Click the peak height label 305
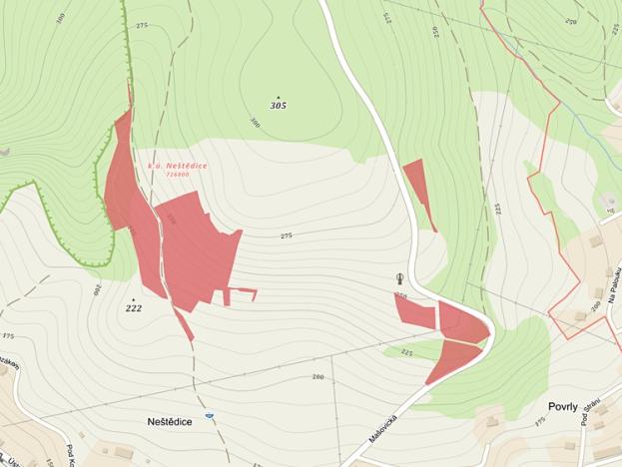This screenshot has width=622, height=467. (x=278, y=105)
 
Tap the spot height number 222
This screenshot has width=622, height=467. (x=134, y=308)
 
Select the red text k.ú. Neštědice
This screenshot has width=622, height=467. (x=178, y=165)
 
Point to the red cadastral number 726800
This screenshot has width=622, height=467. (x=178, y=174)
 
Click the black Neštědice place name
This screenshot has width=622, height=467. (x=162, y=422)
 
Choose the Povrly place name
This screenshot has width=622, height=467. (x=570, y=407)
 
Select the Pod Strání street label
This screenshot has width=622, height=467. (x=589, y=412)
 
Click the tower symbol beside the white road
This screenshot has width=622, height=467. (x=400, y=279)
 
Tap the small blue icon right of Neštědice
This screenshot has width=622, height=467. (x=210, y=415)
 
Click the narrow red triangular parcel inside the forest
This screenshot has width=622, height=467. (x=418, y=190)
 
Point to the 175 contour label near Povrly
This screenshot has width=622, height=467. (x=540, y=423)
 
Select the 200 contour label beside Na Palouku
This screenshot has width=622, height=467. (x=596, y=306)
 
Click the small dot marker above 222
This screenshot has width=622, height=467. (x=133, y=298)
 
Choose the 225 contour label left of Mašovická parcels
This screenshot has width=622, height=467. (x=406, y=352)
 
